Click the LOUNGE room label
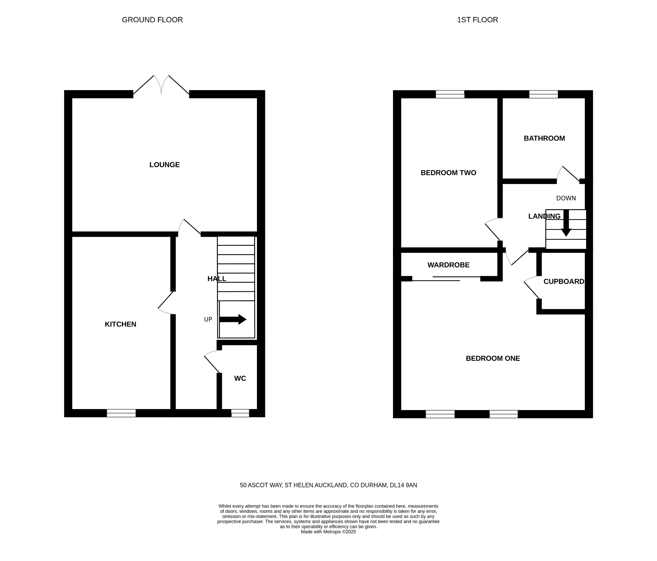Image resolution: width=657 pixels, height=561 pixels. tap(164, 165)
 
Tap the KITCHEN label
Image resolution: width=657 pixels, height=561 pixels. tap(121, 324)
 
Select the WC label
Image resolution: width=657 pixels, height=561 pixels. tap(240, 378)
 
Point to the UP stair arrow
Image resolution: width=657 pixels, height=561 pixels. tap(233, 319)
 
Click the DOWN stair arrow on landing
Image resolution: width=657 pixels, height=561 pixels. tap(566, 223)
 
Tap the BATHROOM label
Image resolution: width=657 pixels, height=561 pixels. tap(544, 138)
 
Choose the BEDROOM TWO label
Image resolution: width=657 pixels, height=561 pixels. tap(448, 173)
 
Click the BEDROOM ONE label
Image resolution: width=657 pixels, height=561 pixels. tap(493, 359)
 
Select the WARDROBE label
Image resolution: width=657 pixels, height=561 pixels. tap(448, 265)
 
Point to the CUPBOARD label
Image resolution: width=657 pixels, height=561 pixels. tap(564, 282)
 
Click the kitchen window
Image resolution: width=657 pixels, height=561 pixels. tap(121, 413)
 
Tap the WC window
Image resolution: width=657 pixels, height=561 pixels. tap(240, 413)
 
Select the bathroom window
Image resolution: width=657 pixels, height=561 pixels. tap(543, 94)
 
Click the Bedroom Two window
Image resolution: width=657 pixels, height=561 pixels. tap(450, 94)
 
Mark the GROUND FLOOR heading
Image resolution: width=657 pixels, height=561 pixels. tap(152, 20)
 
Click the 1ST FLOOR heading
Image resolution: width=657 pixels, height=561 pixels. tap(477, 20)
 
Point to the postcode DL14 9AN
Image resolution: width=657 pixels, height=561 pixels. tap(403, 485)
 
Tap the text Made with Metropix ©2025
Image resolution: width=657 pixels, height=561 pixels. tap(328, 532)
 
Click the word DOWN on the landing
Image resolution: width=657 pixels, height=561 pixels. tap(566, 198)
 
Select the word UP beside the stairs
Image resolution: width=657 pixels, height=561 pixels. tap(208, 319)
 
